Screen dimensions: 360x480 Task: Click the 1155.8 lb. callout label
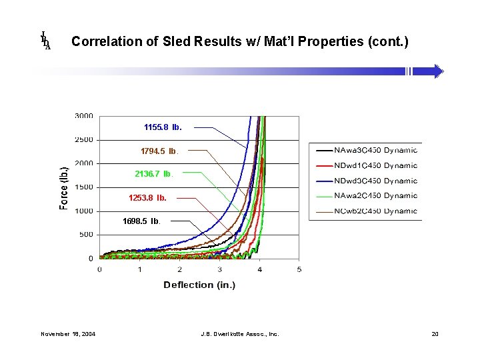[x=162, y=127]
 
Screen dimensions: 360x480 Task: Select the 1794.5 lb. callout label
[x=159, y=151]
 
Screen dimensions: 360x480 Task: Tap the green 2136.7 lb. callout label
[x=153, y=174]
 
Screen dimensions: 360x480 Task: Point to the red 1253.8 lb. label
[x=147, y=198]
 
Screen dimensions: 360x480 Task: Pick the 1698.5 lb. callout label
[x=141, y=221]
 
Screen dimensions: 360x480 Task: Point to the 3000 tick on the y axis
[x=83, y=116]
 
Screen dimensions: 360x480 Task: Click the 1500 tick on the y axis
[x=83, y=187]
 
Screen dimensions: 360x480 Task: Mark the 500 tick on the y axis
[x=86, y=235]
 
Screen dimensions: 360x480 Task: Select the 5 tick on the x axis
[x=299, y=269]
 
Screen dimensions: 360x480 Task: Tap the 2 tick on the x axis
[x=179, y=269]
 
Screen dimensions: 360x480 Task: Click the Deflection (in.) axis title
[x=199, y=285]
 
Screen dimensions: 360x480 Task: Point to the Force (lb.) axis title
[x=64, y=187]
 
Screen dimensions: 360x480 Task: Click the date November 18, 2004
[x=67, y=333]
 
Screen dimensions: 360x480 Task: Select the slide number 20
[x=435, y=333]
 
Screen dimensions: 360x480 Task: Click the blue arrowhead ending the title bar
[x=437, y=71]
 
